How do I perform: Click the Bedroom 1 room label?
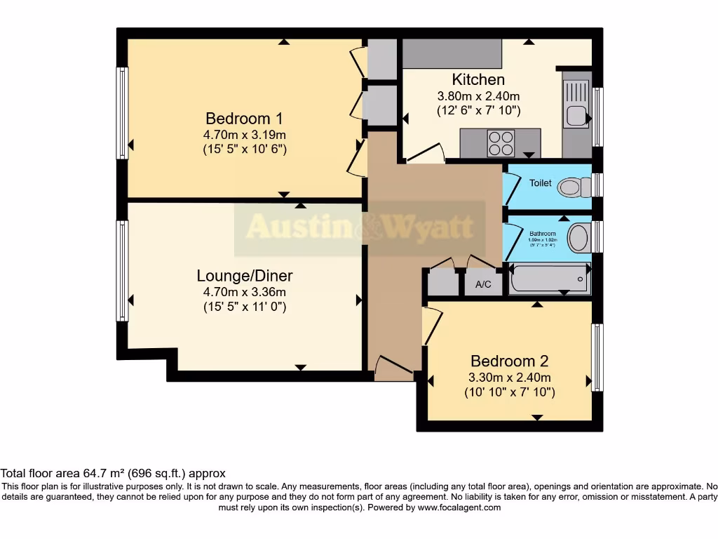[x=245, y=119]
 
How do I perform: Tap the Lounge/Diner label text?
[x=245, y=275]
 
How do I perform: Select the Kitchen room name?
[x=478, y=79]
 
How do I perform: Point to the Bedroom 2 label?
[x=509, y=361]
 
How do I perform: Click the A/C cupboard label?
[x=483, y=284]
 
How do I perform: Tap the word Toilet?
[x=540, y=183]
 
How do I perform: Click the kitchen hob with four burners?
[x=501, y=143]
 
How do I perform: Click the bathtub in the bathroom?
[x=548, y=279]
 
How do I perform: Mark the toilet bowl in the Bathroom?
[x=579, y=238]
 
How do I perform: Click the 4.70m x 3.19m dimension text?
[x=245, y=135]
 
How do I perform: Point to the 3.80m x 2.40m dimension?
[x=478, y=96]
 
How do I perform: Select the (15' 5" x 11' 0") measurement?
[x=245, y=307]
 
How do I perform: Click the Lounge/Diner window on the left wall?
[x=123, y=271]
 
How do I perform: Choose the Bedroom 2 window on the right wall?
[x=597, y=357]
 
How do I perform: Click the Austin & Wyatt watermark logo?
[x=360, y=227]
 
